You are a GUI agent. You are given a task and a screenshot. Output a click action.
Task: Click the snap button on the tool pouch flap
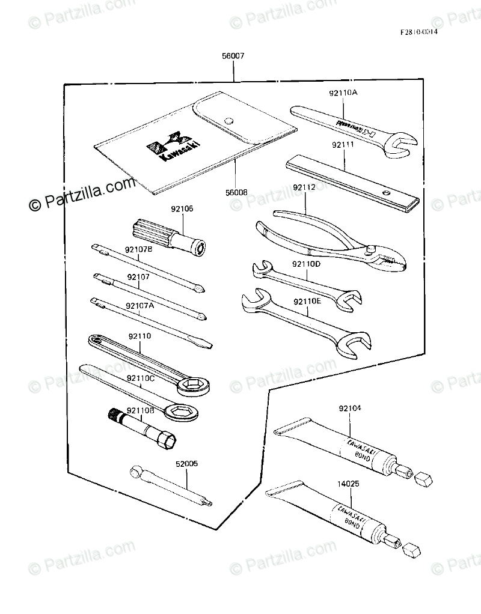coord(228,120)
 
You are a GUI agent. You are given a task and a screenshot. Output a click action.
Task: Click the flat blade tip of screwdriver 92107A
coord(204,344)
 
